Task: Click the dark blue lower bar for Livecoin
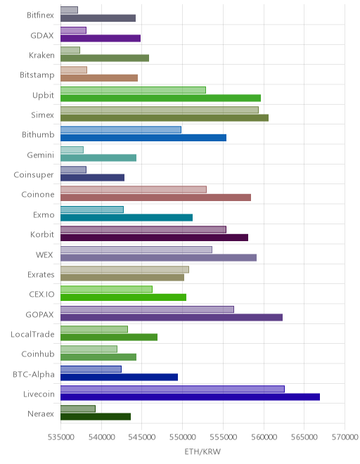[190, 397]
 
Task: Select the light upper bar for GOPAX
[147, 309]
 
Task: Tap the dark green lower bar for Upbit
[161, 98]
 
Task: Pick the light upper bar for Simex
[160, 110]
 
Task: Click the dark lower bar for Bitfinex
[98, 18]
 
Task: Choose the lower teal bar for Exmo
[127, 217]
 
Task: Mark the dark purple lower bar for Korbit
[154, 238]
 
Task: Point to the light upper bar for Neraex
[78, 408]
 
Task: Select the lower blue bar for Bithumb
[143, 138]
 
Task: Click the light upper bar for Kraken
[70, 50]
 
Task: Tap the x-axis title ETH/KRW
[202, 451]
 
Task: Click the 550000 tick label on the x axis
[182, 437]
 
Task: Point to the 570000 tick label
[345, 437]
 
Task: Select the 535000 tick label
[61, 437]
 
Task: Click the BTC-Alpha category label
[34, 374]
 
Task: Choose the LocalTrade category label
[32, 335]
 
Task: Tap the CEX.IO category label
[41, 295]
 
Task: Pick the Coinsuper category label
[34, 175]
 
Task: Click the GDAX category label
[42, 36]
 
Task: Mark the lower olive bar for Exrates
[122, 277]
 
